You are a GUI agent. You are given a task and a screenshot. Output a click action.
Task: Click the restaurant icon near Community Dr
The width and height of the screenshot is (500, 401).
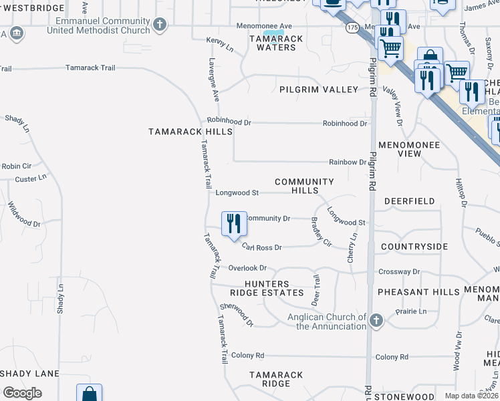[x=233, y=223]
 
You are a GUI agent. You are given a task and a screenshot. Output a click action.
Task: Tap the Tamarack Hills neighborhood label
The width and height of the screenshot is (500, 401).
[x=191, y=132]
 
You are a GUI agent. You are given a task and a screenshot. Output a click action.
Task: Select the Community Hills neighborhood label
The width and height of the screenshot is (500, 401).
[x=304, y=186]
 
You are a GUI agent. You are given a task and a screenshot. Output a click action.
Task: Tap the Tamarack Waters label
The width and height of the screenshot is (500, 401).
[x=276, y=43]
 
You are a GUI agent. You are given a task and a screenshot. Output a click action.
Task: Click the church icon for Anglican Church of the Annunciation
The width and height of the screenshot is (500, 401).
[x=376, y=321]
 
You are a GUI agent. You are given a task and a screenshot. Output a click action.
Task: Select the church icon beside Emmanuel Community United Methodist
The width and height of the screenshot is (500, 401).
[x=159, y=25]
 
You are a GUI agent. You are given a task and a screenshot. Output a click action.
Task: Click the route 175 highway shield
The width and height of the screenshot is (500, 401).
[x=353, y=27]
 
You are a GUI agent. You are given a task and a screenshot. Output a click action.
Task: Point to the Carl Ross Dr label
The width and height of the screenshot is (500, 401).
[x=262, y=247]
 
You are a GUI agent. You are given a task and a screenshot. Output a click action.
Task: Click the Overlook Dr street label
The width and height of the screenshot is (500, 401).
[x=247, y=268]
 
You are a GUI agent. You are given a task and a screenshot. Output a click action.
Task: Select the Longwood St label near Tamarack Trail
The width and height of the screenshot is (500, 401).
[x=237, y=193]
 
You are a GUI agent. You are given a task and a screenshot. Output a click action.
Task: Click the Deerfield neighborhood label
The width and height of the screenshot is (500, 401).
[x=410, y=201]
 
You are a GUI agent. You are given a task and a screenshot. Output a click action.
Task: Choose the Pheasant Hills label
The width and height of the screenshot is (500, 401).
[x=418, y=292]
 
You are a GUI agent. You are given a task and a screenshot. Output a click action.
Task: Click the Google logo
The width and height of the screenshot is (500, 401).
[x=22, y=393]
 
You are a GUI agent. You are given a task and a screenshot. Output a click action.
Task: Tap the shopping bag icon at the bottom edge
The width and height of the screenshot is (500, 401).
[x=89, y=394]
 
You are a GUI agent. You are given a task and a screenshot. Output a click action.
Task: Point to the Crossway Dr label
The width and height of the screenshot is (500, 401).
[x=399, y=272]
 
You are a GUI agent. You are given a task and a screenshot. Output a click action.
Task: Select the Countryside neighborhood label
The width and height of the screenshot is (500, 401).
[x=414, y=247]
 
